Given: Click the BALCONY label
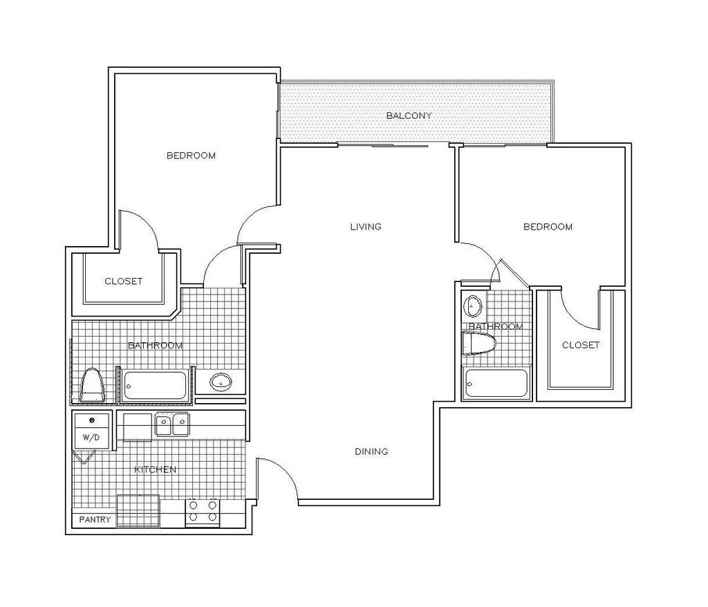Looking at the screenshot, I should coord(409,115).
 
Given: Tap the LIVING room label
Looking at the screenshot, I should coord(366,227).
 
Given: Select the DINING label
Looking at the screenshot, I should coord(371,451).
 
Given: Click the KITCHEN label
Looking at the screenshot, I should coord(155,469).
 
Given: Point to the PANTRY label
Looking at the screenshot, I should coord(95,519).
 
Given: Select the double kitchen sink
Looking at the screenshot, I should coord(172,424).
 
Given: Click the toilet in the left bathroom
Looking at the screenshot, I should coord(92,385).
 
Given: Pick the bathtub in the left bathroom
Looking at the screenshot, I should coord(155,386).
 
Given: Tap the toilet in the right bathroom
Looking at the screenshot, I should coord(480,343).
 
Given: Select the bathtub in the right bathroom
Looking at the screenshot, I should coord(496,383).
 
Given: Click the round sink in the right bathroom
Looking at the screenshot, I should coord(474,304).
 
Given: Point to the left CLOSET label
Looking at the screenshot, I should coord(123,281).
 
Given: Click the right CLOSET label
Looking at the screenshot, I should coord(581,345).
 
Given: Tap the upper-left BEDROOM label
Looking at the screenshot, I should coord(191,156).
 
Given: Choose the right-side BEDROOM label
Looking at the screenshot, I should coord(548,227).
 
